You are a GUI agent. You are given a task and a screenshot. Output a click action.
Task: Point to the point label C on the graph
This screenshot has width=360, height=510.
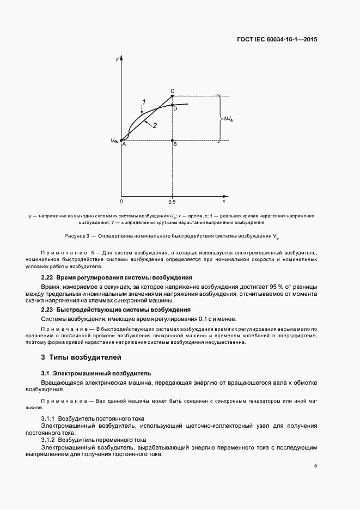tap(172, 91)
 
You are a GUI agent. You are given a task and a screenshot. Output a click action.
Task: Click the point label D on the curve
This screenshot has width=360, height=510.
tap(175, 109)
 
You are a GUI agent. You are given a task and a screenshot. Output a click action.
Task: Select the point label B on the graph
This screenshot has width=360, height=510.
tap(175, 144)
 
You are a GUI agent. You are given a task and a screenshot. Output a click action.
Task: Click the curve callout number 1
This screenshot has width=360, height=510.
tap(144, 101)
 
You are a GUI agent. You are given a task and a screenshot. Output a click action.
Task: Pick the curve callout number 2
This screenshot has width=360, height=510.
tap(155, 125)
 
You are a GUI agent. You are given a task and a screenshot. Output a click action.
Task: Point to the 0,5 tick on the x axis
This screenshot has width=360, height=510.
tap(172, 201)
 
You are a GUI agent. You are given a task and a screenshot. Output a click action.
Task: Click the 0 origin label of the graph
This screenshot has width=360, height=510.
tap(121, 201)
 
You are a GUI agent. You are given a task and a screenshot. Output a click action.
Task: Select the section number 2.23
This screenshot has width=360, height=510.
tap(48, 309)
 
